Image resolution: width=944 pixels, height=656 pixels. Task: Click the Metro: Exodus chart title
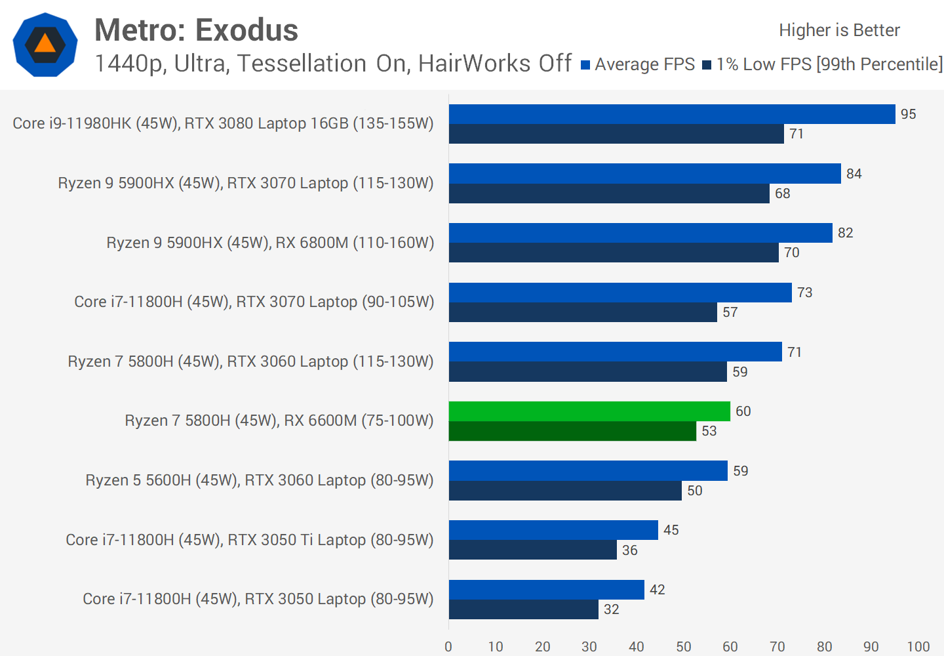tap(196, 30)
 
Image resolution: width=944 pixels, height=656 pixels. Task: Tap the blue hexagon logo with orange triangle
tap(45, 45)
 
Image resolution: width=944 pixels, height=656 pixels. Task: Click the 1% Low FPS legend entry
tap(823, 64)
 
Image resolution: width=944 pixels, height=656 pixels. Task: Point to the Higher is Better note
tap(839, 30)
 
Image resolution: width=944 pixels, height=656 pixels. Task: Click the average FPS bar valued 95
tap(672, 114)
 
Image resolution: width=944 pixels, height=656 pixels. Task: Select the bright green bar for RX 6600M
tap(589, 411)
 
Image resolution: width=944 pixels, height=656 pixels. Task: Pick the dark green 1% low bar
tap(572, 431)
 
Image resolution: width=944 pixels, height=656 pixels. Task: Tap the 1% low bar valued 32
tap(524, 609)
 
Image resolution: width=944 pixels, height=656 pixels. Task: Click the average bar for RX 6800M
tap(640, 233)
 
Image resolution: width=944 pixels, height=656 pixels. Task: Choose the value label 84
tap(854, 174)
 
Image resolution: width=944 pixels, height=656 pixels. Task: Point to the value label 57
tap(730, 312)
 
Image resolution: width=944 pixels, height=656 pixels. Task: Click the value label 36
tap(630, 550)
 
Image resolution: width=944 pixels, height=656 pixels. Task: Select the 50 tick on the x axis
tap(684, 647)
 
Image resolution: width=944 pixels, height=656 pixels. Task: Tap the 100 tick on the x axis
tap(918, 647)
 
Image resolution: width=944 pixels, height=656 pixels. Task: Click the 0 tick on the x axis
tap(448, 647)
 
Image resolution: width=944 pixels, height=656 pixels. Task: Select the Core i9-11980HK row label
tap(223, 123)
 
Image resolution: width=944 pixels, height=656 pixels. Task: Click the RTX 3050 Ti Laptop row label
tap(249, 540)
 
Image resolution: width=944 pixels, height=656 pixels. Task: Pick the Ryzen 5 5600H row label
tap(259, 480)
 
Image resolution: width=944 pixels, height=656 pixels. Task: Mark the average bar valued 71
tap(616, 352)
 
